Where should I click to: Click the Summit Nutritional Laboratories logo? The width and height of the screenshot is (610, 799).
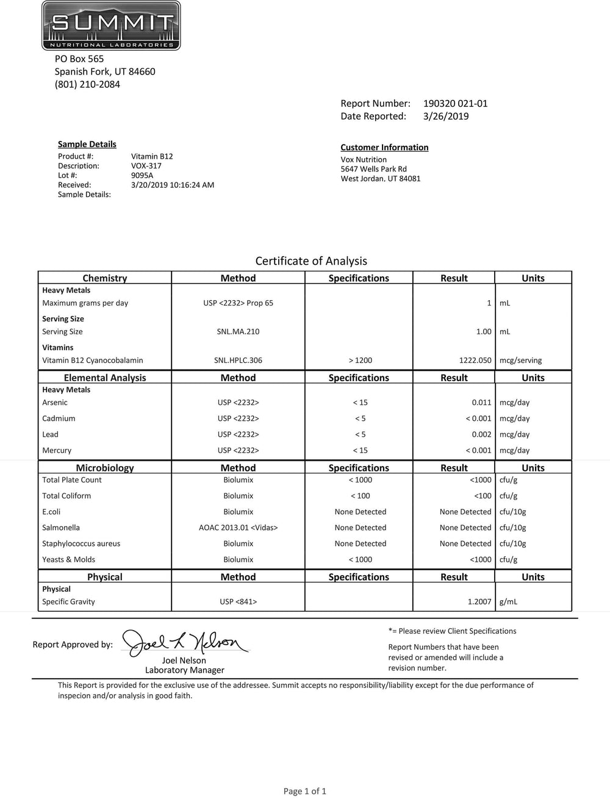coord(111,26)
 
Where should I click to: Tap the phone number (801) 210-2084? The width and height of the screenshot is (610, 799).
coord(87,84)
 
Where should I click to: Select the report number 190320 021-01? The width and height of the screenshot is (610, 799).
coord(455,104)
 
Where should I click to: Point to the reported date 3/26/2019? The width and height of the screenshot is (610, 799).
coord(445,116)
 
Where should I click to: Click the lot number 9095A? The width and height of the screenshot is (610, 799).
coord(142,175)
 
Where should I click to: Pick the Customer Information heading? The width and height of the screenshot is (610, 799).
coord(384,148)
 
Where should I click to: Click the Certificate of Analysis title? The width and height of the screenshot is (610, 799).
coord(311,261)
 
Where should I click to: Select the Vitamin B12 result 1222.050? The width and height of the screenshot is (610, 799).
coord(475,360)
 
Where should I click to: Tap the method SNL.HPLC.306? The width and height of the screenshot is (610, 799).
coord(238,360)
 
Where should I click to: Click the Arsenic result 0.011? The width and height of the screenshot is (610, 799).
coord(481,403)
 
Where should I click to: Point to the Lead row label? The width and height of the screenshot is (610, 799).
coord(51,434)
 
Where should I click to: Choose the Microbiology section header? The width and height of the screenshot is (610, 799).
coord(105,468)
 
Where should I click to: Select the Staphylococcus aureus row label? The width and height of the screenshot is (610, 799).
coord(81,543)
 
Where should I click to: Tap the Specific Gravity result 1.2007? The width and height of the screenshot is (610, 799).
coord(479,602)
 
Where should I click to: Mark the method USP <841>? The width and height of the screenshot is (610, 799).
coord(238,602)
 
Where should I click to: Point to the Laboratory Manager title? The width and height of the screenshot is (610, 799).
coord(185,670)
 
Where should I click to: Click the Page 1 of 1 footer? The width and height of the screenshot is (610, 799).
coord(305,791)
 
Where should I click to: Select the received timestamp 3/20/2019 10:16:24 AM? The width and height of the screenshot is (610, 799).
coord(173,185)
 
